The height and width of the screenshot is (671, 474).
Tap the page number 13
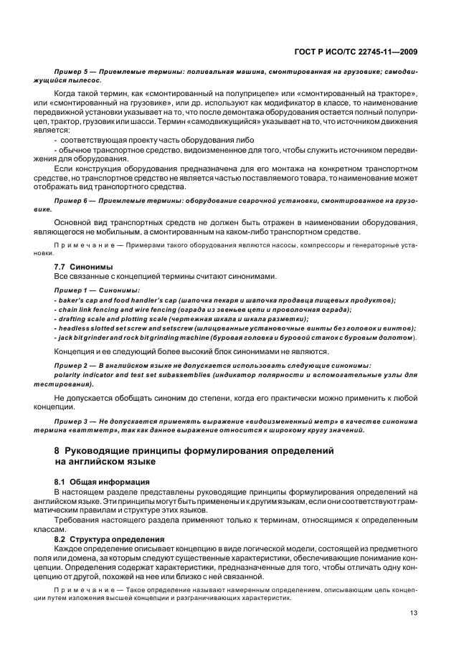tap(414, 613)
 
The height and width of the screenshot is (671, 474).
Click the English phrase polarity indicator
tap(85, 374)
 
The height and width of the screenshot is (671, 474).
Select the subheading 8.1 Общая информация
tap(92, 482)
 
